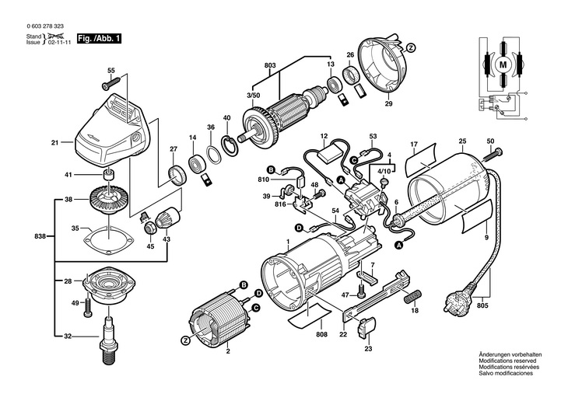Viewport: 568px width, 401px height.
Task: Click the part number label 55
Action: [x=111, y=71]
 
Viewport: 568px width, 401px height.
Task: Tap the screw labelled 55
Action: [x=110, y=83]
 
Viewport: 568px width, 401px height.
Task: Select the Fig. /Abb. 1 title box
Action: [x=99, y=38]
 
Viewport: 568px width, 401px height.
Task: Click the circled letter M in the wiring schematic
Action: [x=503, y=65]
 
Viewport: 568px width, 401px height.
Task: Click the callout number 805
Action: [x=482, y=305]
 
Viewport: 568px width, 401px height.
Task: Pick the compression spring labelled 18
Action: [x=412, y=297]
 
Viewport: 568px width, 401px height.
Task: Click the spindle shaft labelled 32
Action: [x=109, y=340]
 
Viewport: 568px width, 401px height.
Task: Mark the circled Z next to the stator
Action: [x=185, y=340]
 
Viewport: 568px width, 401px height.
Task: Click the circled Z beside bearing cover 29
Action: [x=410, y=47]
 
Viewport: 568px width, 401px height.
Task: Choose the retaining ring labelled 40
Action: [x=230, y=146]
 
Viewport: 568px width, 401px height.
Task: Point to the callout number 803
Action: [x=270, y=65]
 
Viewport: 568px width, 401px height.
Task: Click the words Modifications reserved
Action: [x=507, y=361]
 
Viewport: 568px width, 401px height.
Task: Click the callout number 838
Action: [x=40, y=236]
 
